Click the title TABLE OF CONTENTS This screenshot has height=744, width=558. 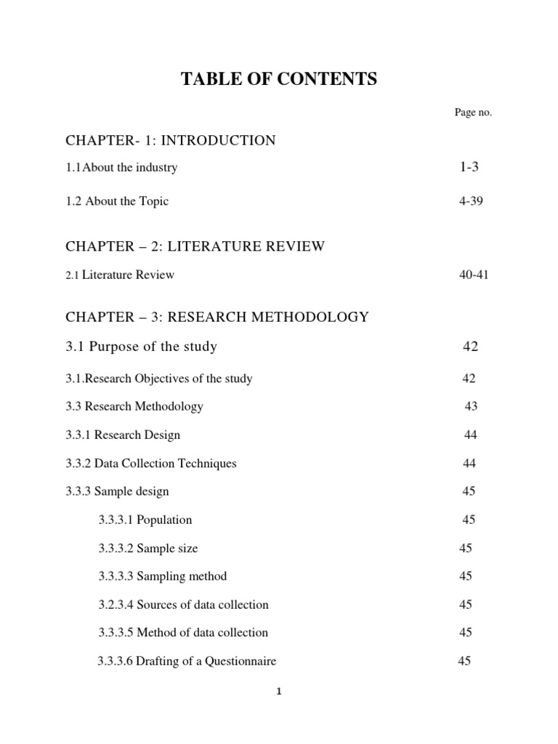[279, 80]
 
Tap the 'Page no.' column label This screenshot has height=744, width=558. [473, 112]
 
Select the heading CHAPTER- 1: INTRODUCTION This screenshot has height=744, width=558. [171, 140]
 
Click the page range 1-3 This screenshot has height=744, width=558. [469, 167]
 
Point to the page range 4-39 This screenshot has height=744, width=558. [471, 201]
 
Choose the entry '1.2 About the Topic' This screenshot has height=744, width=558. [117, 201]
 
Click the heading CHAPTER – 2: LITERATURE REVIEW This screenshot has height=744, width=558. [195, 246]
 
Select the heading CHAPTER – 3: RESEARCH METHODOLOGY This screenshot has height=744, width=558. [217, 317]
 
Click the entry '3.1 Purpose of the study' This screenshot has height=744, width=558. [142, 347]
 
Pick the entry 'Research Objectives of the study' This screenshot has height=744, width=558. [159, 379]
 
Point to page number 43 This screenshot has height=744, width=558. [471, 406]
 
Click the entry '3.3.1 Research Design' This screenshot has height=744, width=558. [123, 434]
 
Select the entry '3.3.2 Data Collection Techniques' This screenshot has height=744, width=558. [151, 463]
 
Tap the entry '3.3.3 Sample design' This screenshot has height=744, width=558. [117, 491]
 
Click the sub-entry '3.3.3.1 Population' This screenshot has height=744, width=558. [145, 519]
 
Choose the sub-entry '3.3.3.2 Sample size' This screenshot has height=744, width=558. [148, 548]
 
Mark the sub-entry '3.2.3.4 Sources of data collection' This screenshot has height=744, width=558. [183, 604]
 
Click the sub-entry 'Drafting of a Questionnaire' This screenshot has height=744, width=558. [187, 661]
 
